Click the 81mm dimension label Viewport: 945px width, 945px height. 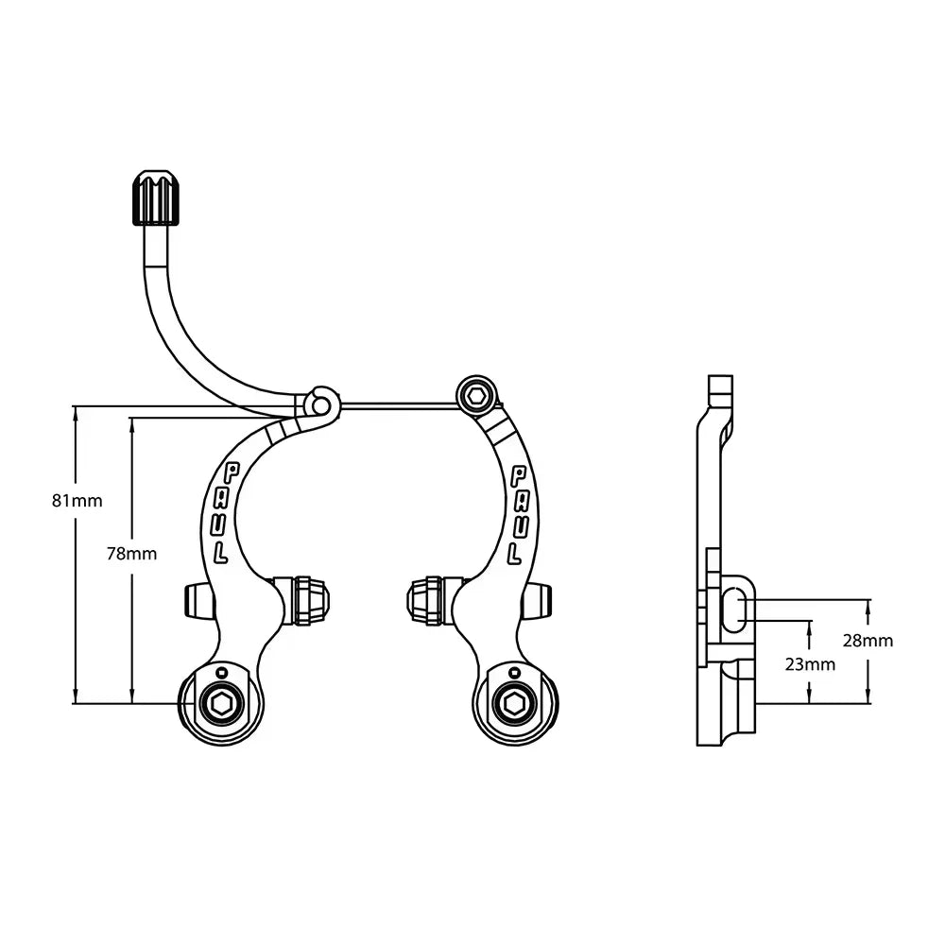(77, 500)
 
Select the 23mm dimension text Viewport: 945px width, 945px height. (810, 663)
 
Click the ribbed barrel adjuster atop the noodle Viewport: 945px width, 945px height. (153, 198)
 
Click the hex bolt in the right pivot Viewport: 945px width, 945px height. (514, 703)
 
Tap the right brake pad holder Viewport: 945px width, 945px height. (427, 600)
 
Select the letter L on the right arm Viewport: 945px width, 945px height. (516, 549)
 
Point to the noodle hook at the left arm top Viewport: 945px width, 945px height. (322, 402)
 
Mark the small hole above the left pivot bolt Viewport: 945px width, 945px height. (221, 672)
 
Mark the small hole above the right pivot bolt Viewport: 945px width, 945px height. (514, 672)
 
